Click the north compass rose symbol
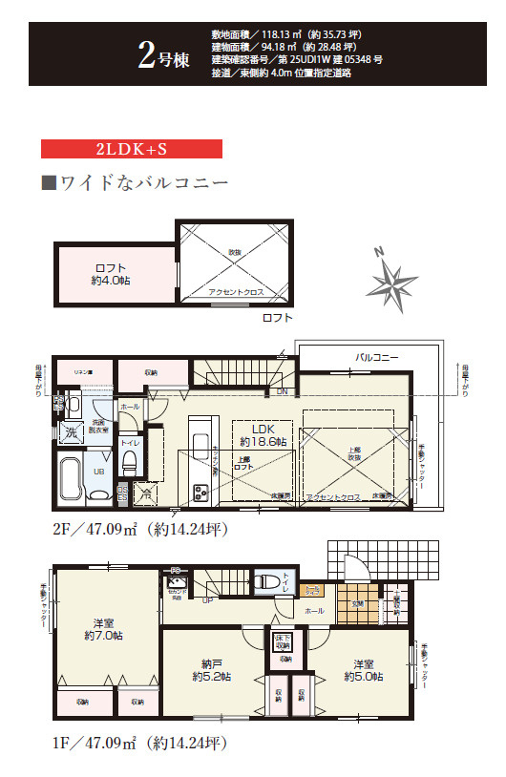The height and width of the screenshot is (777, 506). pos(392,278)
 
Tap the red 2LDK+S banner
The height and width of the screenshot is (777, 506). pos(132,149)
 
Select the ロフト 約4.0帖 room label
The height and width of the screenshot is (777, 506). pos(112,274)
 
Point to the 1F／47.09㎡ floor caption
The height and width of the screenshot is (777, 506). pos(139,741)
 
